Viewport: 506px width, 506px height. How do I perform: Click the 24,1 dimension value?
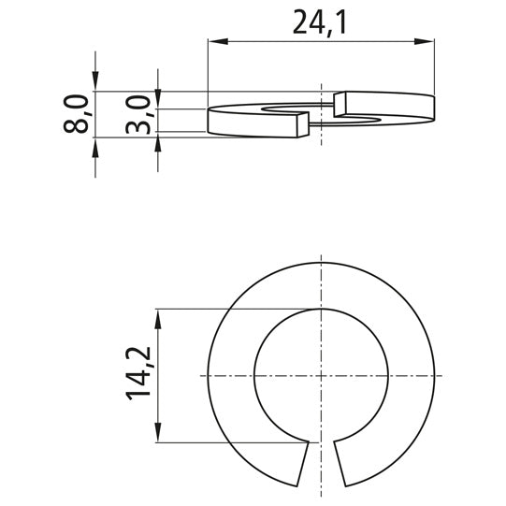point(320,22)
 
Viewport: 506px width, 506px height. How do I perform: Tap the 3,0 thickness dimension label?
point(140,113)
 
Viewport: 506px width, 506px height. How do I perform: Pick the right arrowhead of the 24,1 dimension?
point(429,41)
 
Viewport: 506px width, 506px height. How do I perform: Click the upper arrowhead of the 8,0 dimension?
point(94,83)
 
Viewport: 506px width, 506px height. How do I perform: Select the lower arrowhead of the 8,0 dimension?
point(94,146)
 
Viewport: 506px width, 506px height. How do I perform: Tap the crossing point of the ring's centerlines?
point(322,375)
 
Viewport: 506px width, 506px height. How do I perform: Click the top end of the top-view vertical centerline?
point(322,257)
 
